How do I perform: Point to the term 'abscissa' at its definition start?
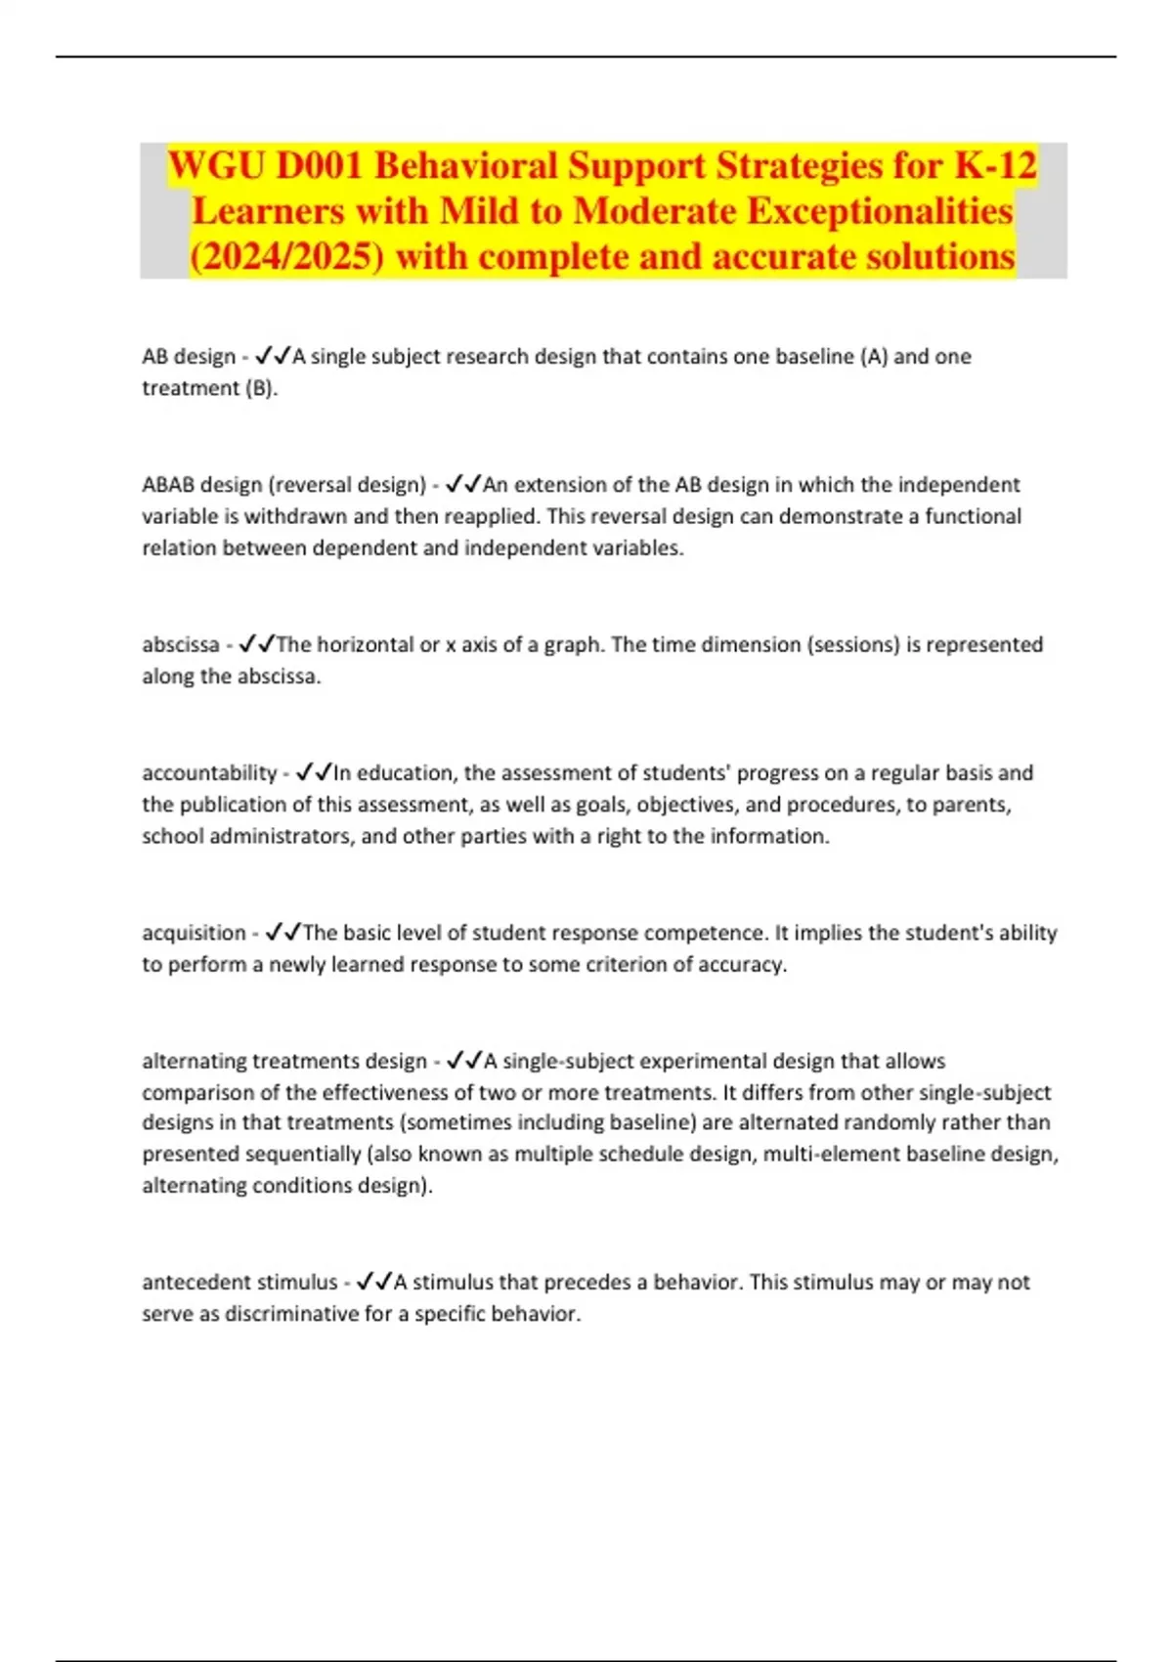pos(181,645)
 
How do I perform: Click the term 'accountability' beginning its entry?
pos(209,773)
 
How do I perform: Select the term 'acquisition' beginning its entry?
pos(194,933)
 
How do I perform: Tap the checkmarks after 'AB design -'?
pos(272,357)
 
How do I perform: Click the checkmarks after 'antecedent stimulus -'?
pos(374,1282)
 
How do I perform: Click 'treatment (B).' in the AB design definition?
pos(210,388)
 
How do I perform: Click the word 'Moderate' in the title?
pos(666,211)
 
